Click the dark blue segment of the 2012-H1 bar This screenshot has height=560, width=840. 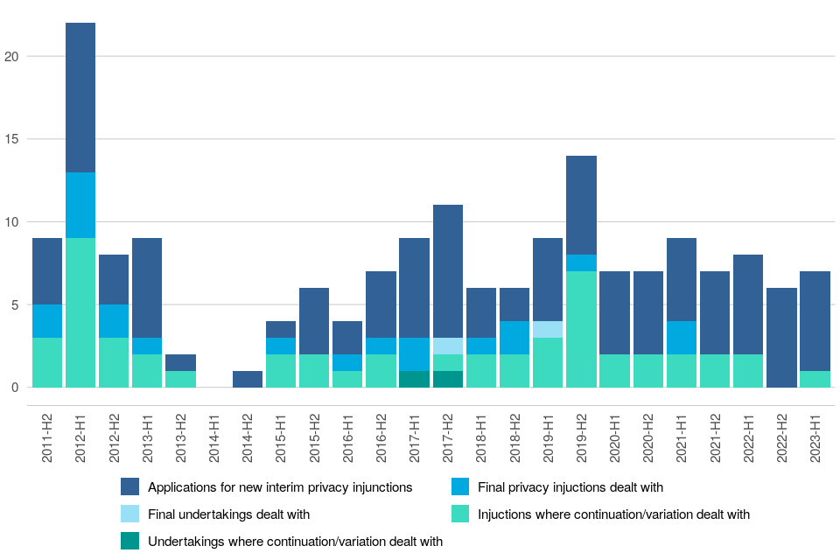pos(80,98)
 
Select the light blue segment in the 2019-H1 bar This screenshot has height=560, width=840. pos(548,329)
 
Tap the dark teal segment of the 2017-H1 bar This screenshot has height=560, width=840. pos(415,379)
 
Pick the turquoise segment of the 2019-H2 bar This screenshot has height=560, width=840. pos(581,329)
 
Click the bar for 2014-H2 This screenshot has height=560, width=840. pos(248,379)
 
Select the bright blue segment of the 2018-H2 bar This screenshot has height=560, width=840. pos(514,338)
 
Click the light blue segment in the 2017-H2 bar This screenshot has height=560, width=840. pos(448,346)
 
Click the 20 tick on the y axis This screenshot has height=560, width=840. pos(11,57)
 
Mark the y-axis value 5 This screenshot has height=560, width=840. pos(15,304)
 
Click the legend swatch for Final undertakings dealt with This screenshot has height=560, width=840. pos(130,514)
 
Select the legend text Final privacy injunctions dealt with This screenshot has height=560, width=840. pos(570,487)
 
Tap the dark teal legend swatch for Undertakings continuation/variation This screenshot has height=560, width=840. pos(130,542)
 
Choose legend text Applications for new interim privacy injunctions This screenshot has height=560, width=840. pos(280,487)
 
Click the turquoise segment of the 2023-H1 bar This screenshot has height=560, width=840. pos(815,379)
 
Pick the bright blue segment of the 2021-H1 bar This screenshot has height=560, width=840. pos(682,338)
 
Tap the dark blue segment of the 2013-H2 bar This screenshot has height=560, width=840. pos(181,362)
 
